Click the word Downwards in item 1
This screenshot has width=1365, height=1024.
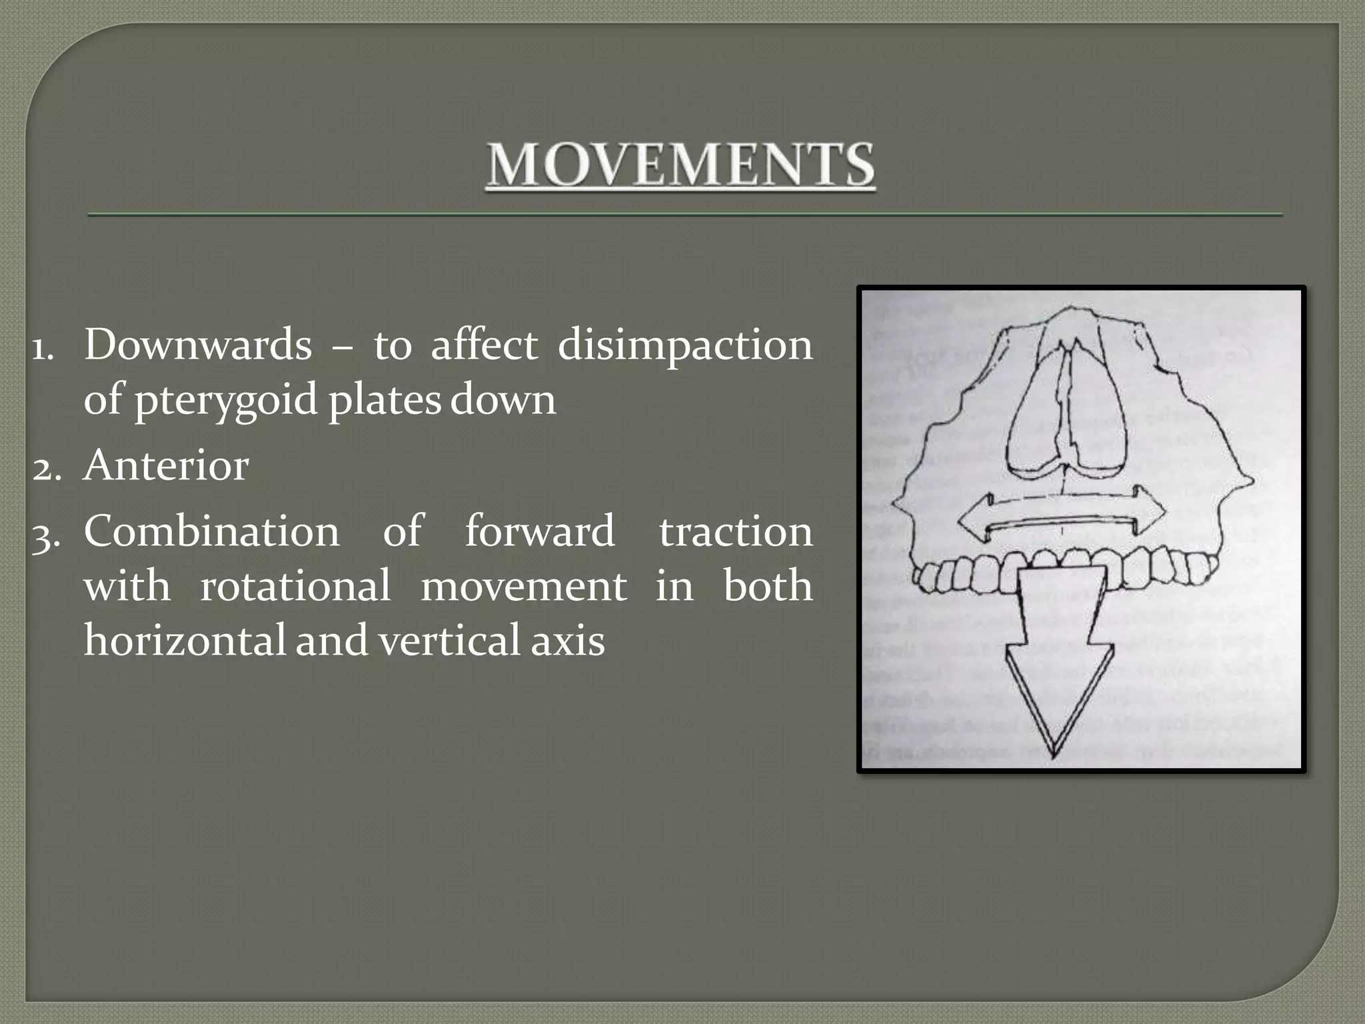point(197,345)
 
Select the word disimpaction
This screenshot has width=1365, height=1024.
point(684,345)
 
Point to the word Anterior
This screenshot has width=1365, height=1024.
point(166,465)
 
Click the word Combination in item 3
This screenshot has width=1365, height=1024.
point(211,531)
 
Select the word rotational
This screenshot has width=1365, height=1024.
point(295,586)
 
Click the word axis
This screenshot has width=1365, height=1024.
point(567,640)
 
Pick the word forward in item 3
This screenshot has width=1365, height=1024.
point(539,531)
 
